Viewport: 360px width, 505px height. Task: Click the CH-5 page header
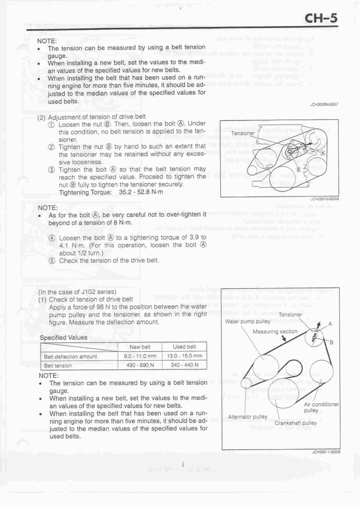[320, 18]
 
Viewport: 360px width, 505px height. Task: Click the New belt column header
[140, 347]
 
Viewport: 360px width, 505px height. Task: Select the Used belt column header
[184, 347]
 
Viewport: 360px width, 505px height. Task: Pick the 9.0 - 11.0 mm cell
[140, 356]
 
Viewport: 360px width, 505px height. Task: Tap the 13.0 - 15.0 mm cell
[185, 356]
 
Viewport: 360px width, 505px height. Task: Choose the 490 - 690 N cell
[140, 365]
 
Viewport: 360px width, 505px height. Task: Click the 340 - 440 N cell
[185, 365]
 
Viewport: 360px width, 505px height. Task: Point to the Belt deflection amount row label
[70, 356]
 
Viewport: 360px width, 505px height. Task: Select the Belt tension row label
[58, 366]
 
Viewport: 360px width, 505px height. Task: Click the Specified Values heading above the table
[64, 337]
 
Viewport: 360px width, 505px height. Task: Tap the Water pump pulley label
[248, 322]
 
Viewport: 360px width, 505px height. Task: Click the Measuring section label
[275, 331]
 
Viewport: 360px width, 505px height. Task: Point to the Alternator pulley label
[248, 417]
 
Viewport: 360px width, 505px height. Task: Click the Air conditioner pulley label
[321, 407]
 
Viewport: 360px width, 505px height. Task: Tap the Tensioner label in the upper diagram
[243, 133]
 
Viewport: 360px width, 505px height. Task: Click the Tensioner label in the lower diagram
[290, 315]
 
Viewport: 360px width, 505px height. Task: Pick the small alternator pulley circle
[246, 382]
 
